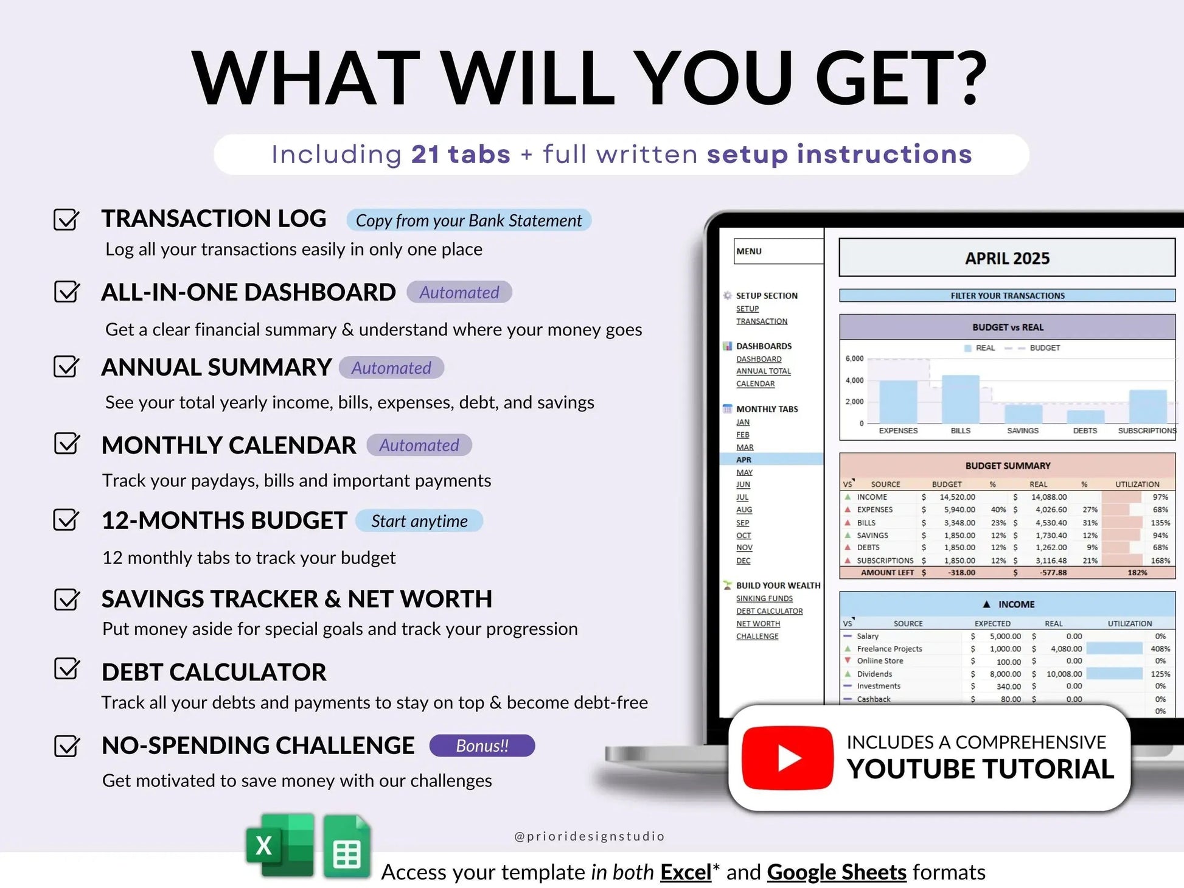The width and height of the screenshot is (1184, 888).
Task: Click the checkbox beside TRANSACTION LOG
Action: click(66, 219)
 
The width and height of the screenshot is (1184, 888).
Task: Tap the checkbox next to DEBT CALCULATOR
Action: click(66, 669)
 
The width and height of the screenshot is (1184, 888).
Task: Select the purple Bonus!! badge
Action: click(482, 746)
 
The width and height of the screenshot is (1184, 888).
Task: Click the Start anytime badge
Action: click(419, 521)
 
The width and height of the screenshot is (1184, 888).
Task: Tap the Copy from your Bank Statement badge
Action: click(468, 220)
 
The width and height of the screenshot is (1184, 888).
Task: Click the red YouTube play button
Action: click(787, 758)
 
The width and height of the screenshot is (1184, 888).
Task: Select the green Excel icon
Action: click(280, 846)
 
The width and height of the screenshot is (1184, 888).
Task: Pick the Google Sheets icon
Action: click(347, 847)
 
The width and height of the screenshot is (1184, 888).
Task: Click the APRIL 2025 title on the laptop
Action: click(1007, 258)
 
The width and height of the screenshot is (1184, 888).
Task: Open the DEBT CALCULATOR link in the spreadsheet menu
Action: click(769, 611)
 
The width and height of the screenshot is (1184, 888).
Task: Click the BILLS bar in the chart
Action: click(960, 399)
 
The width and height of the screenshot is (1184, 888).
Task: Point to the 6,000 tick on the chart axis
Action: click(854, 358)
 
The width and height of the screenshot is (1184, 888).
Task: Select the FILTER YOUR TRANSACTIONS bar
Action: click(1007, 296)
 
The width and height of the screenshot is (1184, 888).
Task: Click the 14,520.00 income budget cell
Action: click(957, 497)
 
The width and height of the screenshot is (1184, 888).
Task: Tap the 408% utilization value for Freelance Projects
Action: click(1160, 649)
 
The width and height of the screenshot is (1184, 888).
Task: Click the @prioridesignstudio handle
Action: click(589, 836)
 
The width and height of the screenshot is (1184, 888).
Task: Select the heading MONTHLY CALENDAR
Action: click(229, 446)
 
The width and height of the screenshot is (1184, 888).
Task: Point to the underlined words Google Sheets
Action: click(837, 872)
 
